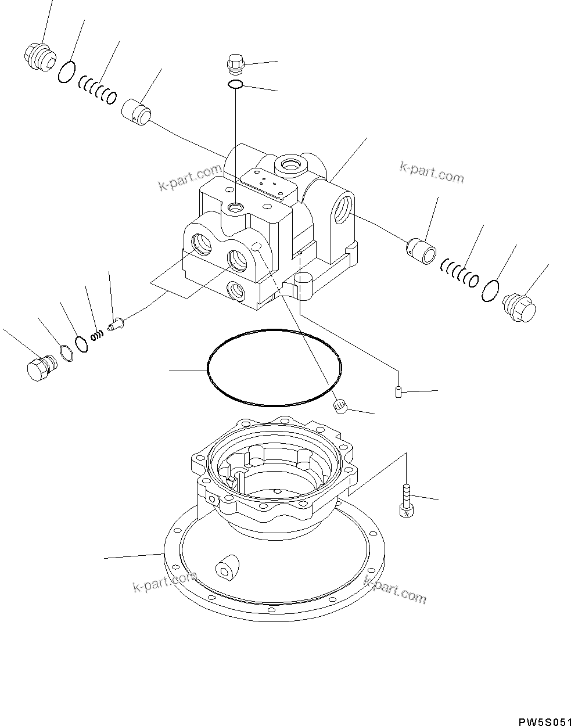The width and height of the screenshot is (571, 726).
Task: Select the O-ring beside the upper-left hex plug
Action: tap(66, 71)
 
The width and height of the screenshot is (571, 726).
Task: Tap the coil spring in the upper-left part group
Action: tap(97, 91)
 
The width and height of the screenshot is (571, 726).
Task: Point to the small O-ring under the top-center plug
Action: tap(235, 85)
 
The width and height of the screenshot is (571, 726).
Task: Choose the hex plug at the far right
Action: tap(518, 307)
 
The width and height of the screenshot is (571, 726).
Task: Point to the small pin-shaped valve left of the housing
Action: tap(117, 321)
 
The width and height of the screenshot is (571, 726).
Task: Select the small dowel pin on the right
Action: tap(398, 393)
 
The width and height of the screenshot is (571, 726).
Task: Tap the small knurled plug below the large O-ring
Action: tap(341, 407)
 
